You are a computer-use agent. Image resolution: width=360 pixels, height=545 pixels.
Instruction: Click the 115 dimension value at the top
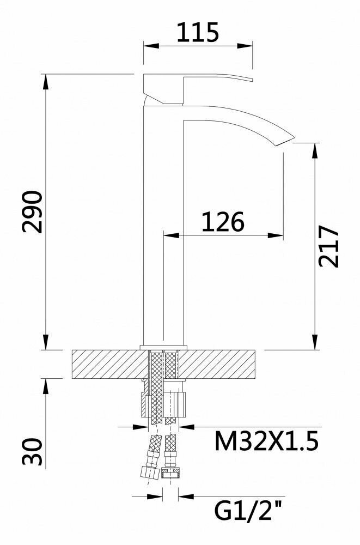[x=198, y=32]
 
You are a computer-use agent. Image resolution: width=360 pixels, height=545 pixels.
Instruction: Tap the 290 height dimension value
[x=32, y=211]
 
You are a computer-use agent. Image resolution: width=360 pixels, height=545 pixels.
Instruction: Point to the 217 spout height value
[x=329, y=246]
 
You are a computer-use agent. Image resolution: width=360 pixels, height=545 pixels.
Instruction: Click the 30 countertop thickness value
[x=32, y=451]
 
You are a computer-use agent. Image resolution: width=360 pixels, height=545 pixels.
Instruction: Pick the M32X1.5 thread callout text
[x=266, y=441]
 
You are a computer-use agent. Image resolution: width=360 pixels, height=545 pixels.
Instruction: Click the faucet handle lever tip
[x=252, y=80]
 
